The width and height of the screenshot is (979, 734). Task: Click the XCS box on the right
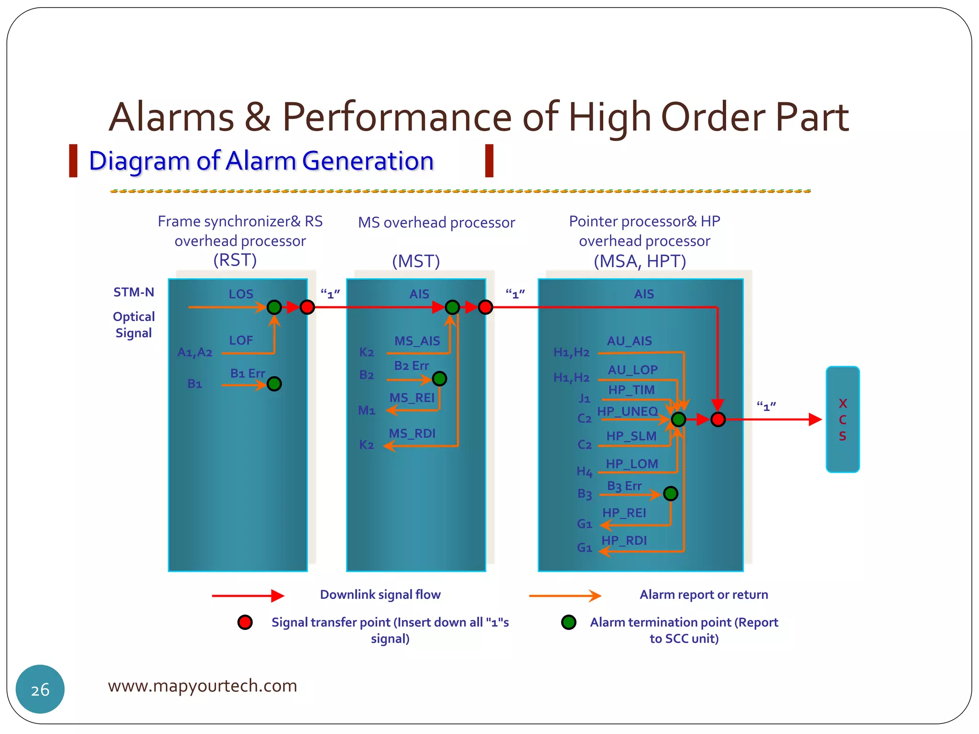pyautogui.click(x=842, y=419)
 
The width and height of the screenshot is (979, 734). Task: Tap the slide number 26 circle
pyautogui.click(x=40, y=689)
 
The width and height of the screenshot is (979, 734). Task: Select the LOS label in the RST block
pyautogui.click(x=240, y=294)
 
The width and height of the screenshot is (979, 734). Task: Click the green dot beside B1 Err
pyautogui.click(x=274, y=384)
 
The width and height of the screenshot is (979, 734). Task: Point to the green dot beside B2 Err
pyautogui.click(x=439, y=379)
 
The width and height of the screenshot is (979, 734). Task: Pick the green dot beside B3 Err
pyautogui.click(x=671, y=493)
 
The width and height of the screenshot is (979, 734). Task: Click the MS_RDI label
pyautogui.click(x=412, y=433)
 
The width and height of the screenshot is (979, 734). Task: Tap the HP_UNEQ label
pyautogui.click(x=627, y=411)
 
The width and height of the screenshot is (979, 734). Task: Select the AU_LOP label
pyautogui.click(x=632, y=370)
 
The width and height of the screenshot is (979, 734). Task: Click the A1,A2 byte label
pyautogui.click(x=195, y=353)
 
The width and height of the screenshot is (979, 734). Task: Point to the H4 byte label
pyautogui.click(x=584, y=472)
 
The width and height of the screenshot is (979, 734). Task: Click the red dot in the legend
pyautogui.click(x=245, y=622)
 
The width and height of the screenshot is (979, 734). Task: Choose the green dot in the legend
pyautogui.click(x=568, y=622)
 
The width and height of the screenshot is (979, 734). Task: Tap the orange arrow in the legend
pyautogui.click(x=565, y=595)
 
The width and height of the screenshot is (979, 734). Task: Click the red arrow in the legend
pyautogui.click(x=248, y=595)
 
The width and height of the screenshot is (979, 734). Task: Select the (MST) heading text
pyautogui.click(x=416, y=261)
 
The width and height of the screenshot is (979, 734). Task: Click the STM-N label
pyautogui.click(x=134, y=292)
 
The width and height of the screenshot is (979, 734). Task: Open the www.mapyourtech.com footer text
pyautogui.click(x=202, y=686)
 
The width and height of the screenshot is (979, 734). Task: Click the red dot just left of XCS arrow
pyautogui.click(x=718, y=420)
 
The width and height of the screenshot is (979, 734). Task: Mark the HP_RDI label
pyautogui.click(x=624, y=540)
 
